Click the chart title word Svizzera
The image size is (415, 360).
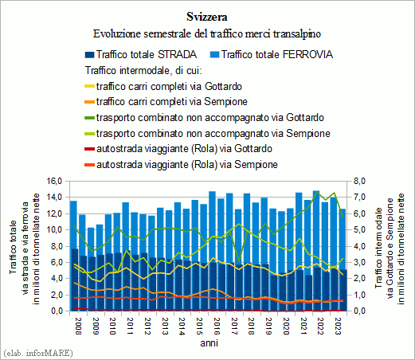[207, 17]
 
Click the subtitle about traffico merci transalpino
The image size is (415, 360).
[207, 34]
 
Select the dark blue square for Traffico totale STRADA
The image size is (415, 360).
[89, 55]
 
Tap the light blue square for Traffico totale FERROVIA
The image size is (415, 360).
[214, 55]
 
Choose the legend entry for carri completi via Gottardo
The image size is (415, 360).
[163, 87]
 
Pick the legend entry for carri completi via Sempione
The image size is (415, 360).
[166, 102]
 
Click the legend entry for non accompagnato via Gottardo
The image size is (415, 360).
[204, 118]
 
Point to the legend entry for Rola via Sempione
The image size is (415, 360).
[181, 165]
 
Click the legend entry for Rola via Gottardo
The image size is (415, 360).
[178, 149]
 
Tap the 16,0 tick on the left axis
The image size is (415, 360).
[54, 182]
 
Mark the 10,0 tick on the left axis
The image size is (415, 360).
[54, 230]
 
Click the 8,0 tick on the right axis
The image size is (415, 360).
[359, 182]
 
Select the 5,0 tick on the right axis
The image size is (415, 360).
[359, 230]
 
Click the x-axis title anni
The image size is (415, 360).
[209, 343]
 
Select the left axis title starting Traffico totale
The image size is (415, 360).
[25, 248]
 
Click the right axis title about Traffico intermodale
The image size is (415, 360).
[390, 248]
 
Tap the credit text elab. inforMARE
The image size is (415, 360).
[38, 353]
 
